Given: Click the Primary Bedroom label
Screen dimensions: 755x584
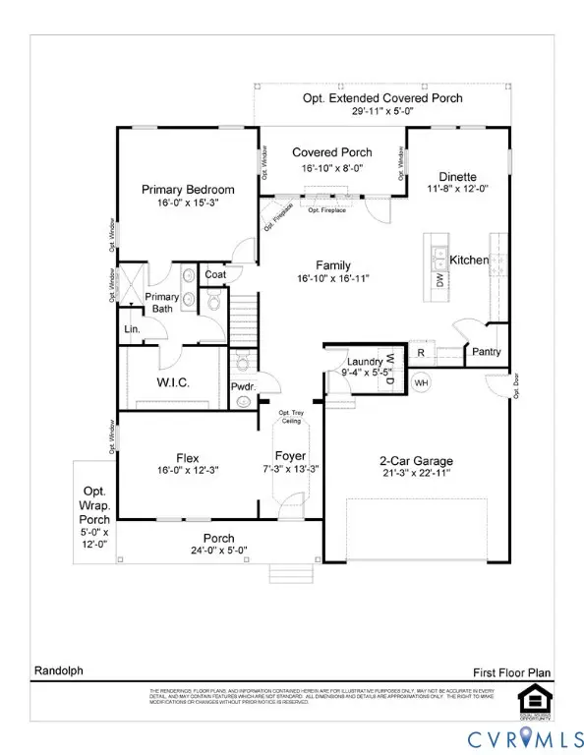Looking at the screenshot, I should pos(188,190).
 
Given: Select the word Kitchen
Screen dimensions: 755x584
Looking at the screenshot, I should pos(469,260).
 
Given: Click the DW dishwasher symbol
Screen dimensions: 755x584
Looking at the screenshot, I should pos(439,280).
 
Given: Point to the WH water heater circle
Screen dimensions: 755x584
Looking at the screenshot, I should pos(421,382).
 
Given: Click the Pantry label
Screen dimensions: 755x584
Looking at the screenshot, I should pos(486,352).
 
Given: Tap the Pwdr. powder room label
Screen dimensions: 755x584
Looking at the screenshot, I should pos(243,387).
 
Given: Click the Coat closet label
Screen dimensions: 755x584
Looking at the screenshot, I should pos(214,275).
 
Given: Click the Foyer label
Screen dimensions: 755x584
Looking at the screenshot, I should pos(290,456).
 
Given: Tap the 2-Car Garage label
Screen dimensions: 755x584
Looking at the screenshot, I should pos(415,459).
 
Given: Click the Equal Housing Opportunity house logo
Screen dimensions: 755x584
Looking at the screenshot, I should pos(532,698).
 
